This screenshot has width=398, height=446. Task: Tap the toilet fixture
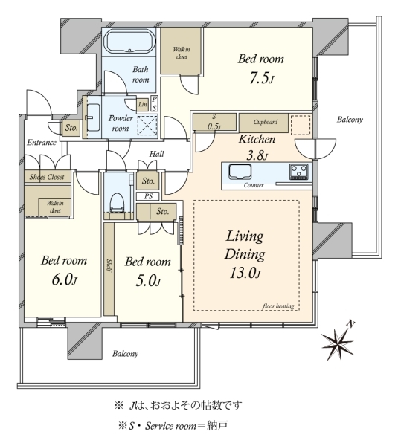[117, 202]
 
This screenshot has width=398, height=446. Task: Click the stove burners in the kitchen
[298, 172]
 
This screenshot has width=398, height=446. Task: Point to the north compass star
[338, 343]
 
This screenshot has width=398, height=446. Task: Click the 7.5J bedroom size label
[262, 78]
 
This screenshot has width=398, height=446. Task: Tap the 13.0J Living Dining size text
[245, 273]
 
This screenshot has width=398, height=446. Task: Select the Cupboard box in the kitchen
[263, 123]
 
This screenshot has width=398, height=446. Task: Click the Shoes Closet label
[47, 177]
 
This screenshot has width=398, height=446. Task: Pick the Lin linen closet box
[142, 104]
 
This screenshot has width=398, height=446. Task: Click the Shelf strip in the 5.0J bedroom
[109, 269]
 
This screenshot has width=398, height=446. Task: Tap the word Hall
[156, 154]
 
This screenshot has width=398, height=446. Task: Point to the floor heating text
[278, 306]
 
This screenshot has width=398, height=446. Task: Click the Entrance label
[42, 143]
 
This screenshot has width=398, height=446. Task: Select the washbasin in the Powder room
[93, 117]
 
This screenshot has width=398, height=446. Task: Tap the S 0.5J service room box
[215, 122]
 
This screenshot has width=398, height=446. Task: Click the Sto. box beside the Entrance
[71, 128]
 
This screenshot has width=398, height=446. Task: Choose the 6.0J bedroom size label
[64, 280]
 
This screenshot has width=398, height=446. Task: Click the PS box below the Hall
[148, 196]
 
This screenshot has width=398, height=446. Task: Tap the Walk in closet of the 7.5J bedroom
[181, 51]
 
